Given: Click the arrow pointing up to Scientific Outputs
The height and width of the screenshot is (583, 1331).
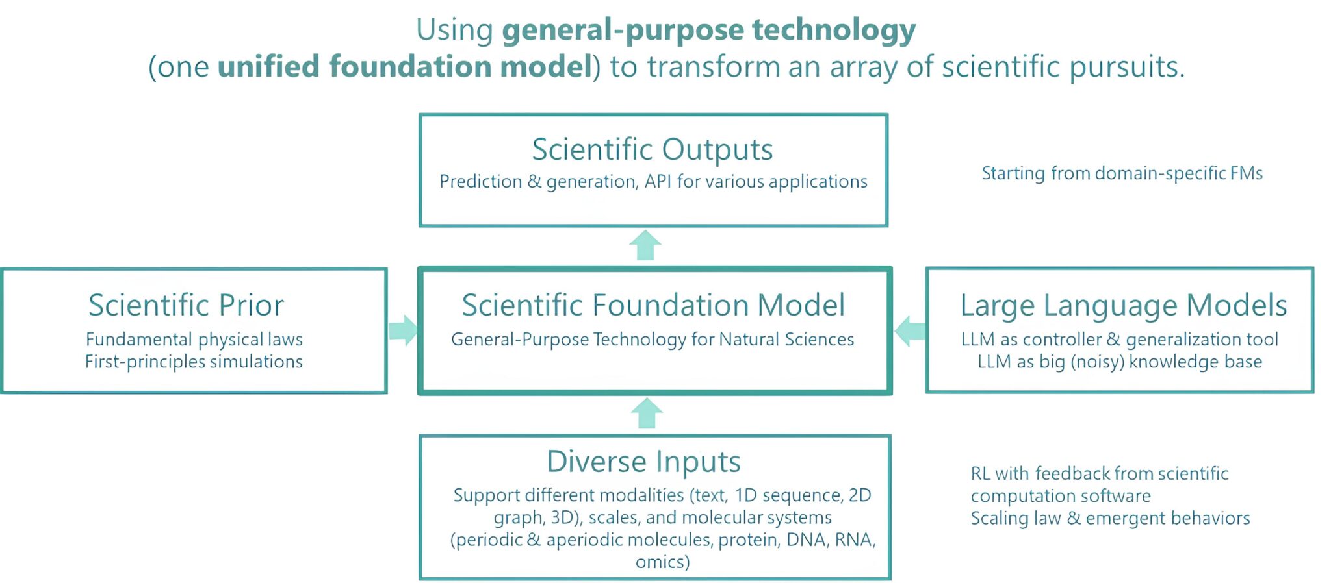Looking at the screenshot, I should [645, 245].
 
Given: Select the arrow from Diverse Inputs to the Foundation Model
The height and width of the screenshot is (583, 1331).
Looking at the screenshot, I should [647, 413].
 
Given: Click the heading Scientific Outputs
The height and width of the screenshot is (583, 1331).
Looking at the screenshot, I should [653, 149].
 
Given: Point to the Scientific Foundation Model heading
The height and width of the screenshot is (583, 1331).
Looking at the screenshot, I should [653, 305].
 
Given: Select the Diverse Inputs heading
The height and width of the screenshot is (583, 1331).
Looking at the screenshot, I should [643, 462].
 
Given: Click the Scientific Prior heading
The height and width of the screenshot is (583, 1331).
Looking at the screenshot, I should [187, 305].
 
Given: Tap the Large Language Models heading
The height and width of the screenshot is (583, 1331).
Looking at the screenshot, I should [1124, 305].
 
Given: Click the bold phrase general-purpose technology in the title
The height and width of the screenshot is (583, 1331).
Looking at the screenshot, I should [708, 30].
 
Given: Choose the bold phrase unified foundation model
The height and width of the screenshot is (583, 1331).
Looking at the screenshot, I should [404, 66].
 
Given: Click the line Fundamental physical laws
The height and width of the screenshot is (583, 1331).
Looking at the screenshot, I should [194, 340].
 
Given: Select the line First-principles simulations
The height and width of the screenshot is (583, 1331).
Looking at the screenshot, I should [194, 362].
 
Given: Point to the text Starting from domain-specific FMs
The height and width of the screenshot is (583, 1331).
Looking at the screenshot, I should [1122, 173].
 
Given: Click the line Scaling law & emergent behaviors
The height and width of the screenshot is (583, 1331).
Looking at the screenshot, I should [1110, 518].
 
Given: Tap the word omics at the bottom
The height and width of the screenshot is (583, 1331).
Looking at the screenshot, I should [662, 562].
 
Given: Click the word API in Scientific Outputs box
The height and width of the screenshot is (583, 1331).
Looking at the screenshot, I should [657, 181].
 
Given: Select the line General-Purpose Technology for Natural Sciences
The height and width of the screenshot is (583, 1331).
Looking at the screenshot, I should [653, 340].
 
